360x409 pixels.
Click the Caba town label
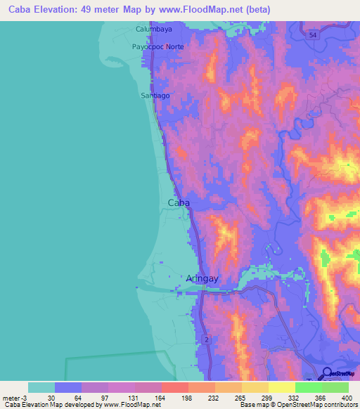179,203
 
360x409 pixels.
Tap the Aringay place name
203,279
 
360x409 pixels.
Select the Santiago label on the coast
156,95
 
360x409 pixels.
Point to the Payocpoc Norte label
157,46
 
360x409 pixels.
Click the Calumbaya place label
154,30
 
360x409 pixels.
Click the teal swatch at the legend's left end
41,387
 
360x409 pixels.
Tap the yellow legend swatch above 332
282,387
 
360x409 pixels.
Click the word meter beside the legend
13,398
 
